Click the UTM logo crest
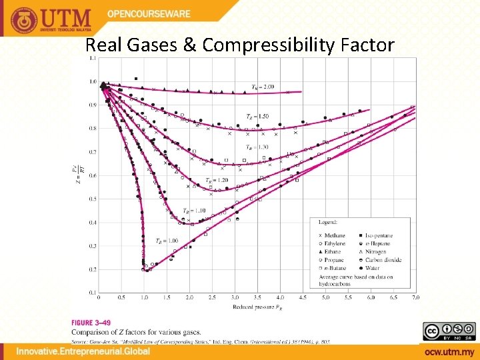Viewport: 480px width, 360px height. tap(23, 19)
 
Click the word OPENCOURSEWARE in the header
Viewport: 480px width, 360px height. tap(149, 13)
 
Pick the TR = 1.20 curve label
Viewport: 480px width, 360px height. tap(217, 180)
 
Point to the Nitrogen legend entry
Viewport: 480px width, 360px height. tap(377, 252)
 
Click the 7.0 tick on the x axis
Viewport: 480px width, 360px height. tap(416, 297)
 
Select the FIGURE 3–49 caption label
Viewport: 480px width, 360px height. tap(91, 322)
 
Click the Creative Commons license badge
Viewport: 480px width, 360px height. tap(449, 331)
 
